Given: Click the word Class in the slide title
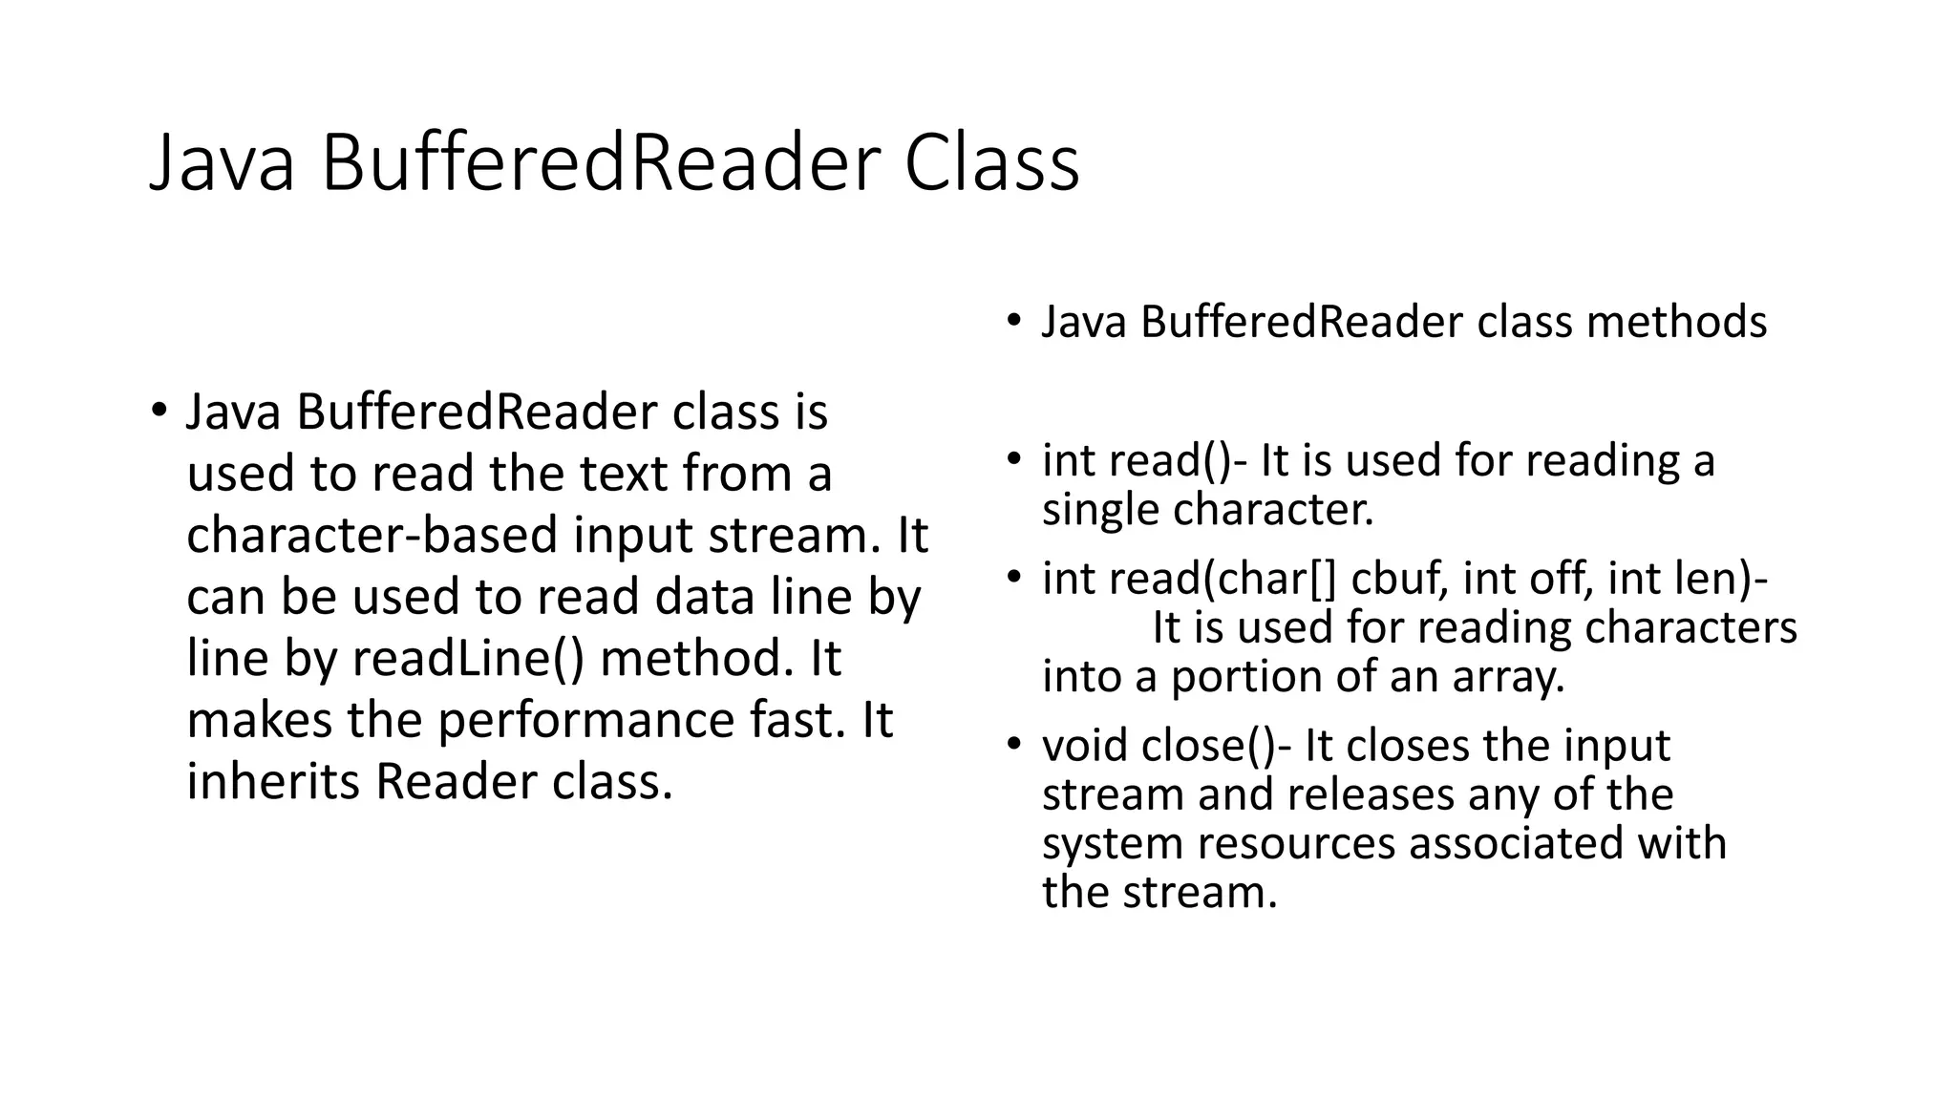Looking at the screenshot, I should (x=991, y=164).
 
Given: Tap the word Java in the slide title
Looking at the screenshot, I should (x=223, y=164).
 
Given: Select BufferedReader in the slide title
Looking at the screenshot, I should (x=599, y=164).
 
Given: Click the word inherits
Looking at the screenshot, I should (x=273, y=781).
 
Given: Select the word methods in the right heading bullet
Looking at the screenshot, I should (x=1676, y=322).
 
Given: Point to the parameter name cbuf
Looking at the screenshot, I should (x=1397, y=579).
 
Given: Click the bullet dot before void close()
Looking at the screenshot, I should (x=1013, y=744).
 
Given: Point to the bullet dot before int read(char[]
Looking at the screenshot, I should (x=1013, y=577).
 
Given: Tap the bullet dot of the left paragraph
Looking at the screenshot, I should (x=159, y=412).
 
